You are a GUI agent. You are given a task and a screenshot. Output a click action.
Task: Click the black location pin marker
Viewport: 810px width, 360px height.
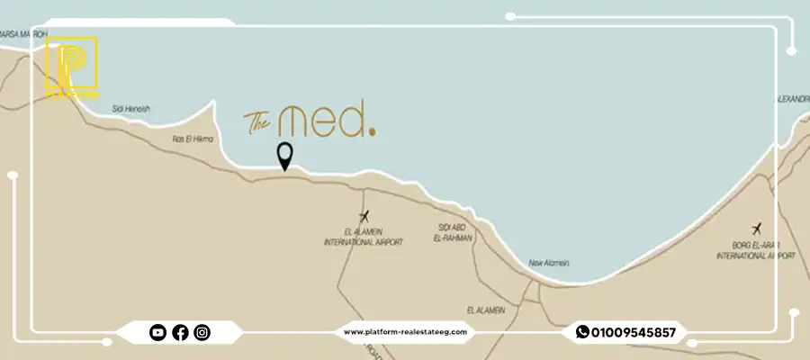[x=285, y=156]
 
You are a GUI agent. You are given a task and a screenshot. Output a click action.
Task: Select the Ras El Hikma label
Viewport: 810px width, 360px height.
[x=190, y=139]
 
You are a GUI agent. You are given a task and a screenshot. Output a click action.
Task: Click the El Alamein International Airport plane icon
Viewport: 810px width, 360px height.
[x=364, y=216]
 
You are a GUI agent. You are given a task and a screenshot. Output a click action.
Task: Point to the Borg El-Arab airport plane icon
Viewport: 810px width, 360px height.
[x=755, y=229]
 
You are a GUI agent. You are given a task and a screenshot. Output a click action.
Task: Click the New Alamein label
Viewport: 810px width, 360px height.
[x=549, y=263]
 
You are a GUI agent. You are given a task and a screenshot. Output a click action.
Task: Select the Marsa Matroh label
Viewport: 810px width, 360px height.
[x=22, y=34]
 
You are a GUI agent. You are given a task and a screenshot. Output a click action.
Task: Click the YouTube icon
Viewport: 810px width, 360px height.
[x=157, y=333]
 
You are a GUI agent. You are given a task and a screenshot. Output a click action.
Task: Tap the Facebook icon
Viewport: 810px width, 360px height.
[x=180, y=333]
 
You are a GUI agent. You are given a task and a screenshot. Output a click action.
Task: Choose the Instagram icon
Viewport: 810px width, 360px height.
[x=202, y=333]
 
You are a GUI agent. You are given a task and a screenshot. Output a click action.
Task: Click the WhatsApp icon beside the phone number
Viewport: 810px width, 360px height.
[x=582, y=332]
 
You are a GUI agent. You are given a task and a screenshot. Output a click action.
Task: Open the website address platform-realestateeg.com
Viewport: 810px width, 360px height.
[x=406, y=332]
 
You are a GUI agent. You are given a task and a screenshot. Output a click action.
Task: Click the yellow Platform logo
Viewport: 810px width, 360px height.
[x=71, y=67]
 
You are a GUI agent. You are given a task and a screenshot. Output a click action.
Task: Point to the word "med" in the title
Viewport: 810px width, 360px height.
[x=321, y=121]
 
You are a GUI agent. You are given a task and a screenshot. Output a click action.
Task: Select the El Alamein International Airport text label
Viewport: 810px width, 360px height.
[x=364, y=238]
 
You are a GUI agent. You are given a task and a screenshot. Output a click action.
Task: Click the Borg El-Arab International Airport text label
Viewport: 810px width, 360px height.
[x=755, y=251]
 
